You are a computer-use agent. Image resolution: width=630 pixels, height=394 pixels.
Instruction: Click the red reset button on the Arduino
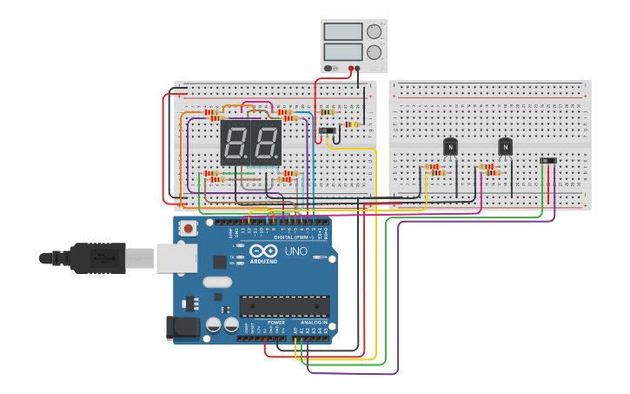pos(189,229)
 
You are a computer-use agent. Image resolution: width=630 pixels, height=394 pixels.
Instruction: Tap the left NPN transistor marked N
pos(450,147)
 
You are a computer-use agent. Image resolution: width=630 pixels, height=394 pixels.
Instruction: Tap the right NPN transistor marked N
pos(505,147)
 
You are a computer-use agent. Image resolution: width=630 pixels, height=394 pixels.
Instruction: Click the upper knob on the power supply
pos(374,32)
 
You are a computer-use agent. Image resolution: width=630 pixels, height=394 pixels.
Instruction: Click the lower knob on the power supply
pos(374,52)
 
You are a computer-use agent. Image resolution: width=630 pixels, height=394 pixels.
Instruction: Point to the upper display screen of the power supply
pos(342,32)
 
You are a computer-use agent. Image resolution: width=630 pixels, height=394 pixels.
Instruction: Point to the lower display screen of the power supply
pos(342,52)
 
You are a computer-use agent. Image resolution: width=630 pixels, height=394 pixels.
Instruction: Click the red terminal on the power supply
pos(351,68)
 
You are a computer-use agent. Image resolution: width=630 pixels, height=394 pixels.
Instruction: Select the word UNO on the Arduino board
pos(295,251)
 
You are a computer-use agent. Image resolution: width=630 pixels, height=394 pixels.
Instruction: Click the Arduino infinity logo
pos(263,251)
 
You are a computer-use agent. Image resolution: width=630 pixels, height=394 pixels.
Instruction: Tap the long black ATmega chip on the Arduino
pos(284,306)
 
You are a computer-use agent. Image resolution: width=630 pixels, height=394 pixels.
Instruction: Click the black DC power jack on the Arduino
pos(182,327)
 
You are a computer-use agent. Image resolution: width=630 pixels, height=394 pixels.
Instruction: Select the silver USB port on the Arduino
pos(176,258)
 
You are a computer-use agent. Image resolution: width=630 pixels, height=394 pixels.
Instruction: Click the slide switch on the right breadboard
pos(547,160)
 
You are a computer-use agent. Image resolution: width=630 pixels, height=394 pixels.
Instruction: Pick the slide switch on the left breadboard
pos(327,130)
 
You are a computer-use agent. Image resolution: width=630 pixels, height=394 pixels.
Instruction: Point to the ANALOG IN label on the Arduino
pos(314,322)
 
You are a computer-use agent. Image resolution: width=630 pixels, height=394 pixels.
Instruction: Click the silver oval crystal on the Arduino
pos(217,282)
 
